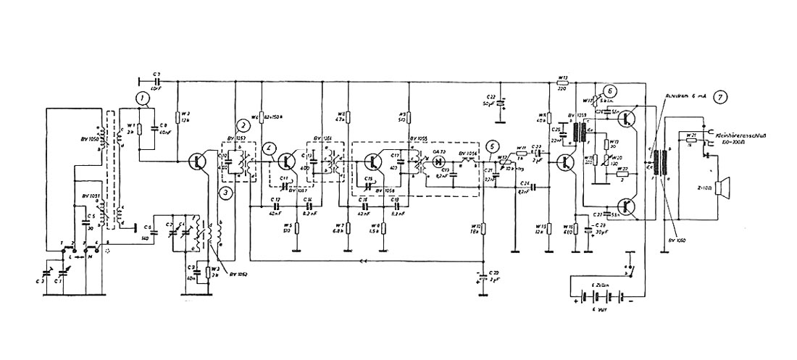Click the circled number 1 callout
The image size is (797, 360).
[144, 96]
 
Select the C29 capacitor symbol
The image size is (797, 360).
[483, 276]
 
